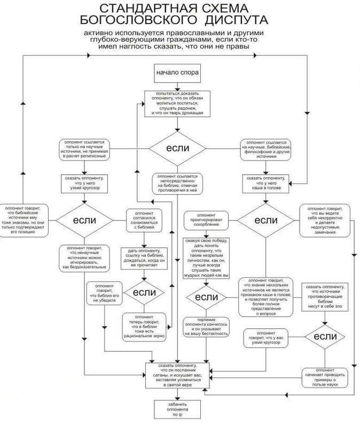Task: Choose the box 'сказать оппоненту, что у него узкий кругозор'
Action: point(83,183)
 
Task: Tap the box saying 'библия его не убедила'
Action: point(104,293)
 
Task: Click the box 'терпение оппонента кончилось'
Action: point(206,326)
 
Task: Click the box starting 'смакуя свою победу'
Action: point(206,257)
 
